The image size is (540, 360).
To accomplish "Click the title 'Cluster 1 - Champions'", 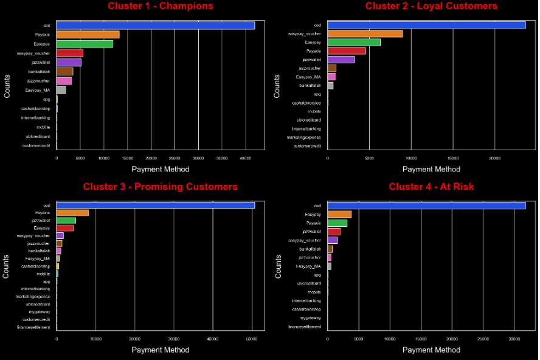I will pyautogui.click(x=161, y=6).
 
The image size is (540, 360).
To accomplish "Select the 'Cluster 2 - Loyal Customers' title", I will pyautogui.click(x=431, y=6).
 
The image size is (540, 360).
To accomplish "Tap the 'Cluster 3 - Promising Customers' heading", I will pyautogui.click(x=161, y=186).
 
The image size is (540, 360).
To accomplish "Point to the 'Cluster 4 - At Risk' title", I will pyautogui.click(x=431, y=186).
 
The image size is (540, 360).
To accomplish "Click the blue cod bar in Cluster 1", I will pyautogui.click(x=155, y=26).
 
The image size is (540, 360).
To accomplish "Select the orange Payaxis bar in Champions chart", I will pyautogui.click(x=88, y=35).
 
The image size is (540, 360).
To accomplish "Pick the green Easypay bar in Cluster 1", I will pyautogui.click(x=85, y=44).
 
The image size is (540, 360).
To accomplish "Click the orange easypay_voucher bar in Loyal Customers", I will pyautogui.click(x=365, y=33).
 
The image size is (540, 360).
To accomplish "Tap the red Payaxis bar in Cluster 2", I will pyautogui.click(x=347, y=50).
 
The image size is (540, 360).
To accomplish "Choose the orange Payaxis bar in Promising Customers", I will pyautogui.click(x=72, y=212).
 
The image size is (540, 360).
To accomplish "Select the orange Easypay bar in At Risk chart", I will pyautogui.click(x=339, y=214).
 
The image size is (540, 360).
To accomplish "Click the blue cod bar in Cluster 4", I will pyautogui.click(x=426, y=206).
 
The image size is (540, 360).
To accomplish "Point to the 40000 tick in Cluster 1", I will pyautogui.click(x=245, y=157).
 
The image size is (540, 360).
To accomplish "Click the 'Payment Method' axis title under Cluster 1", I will pyautogui.click(x=161, y=169).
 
